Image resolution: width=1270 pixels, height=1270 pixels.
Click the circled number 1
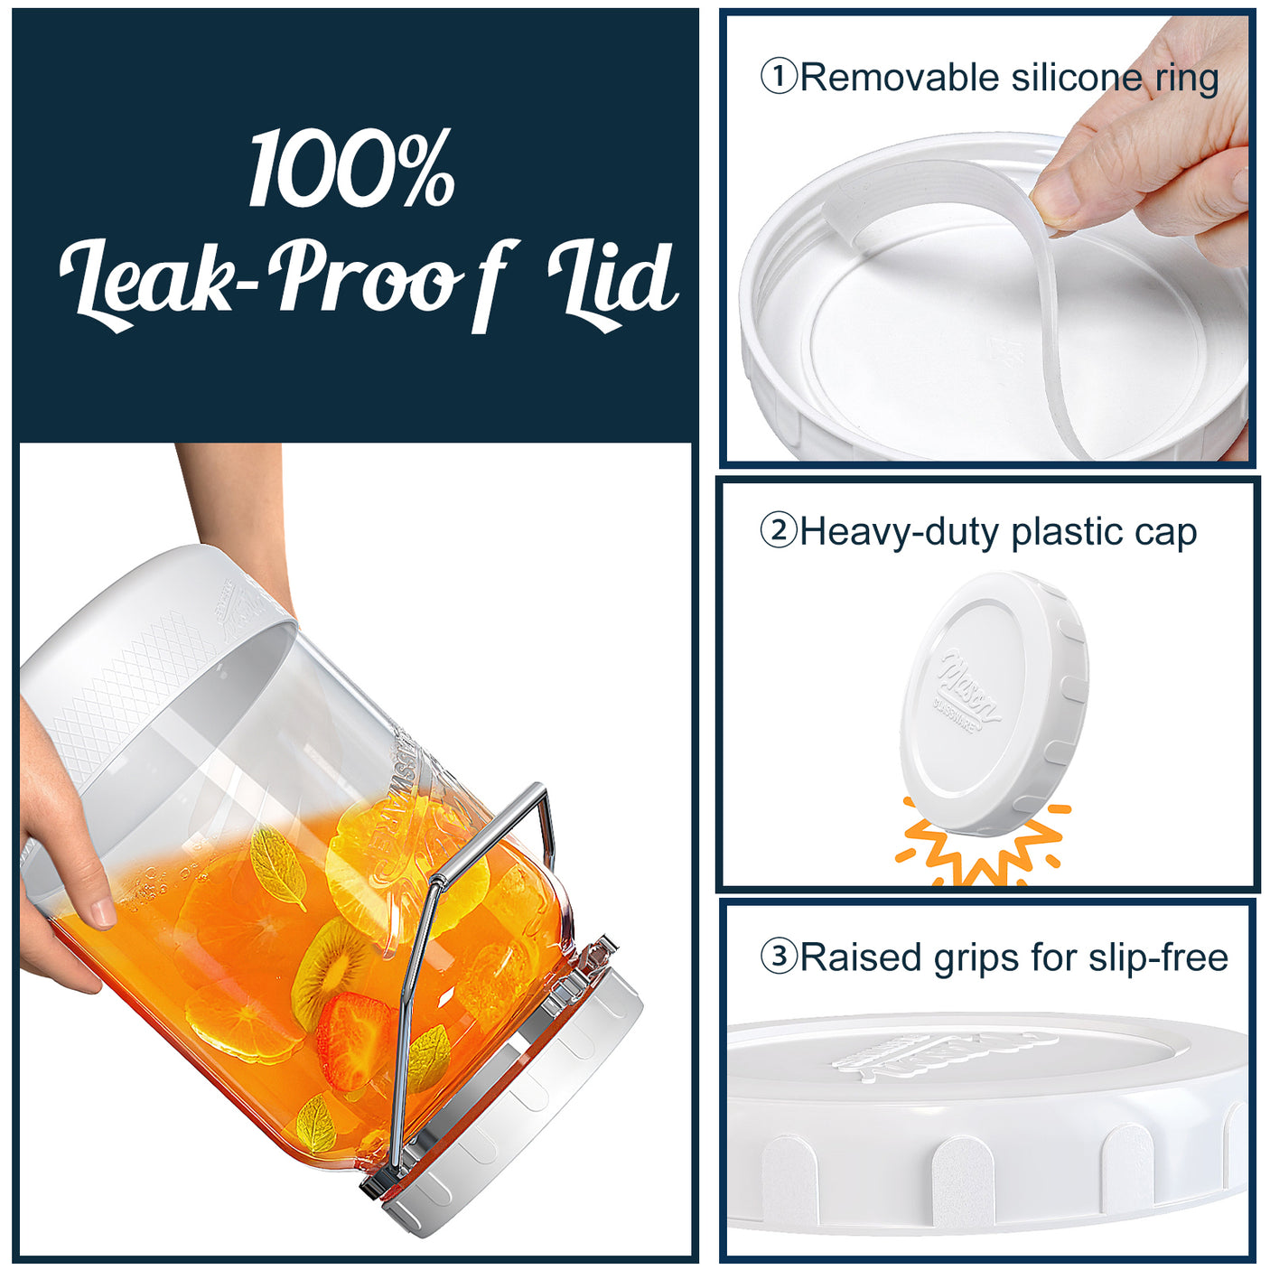click(778, 77)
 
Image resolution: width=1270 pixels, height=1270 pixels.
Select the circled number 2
click(778, 531)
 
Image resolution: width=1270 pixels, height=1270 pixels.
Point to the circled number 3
click(778, 957)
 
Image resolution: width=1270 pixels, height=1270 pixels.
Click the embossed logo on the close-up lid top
click(939, 1052)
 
